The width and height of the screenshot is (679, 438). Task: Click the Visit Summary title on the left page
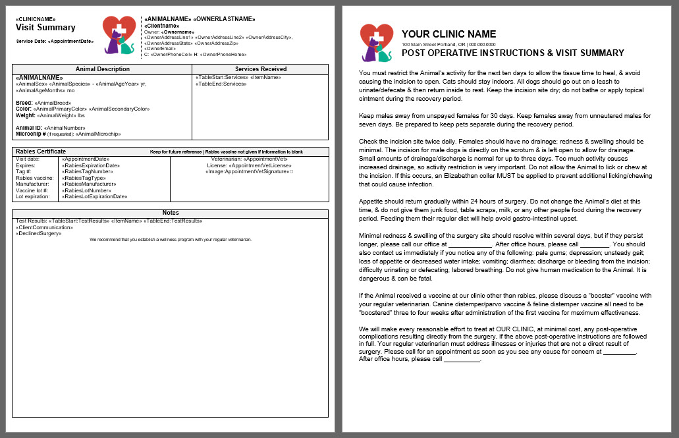coord(45,28)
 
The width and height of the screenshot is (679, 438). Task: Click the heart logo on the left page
coord(119,34)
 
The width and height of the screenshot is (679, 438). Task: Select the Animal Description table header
coord(102,69)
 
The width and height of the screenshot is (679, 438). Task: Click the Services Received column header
coord(260,69)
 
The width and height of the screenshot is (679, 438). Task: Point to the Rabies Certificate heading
coord(40,152)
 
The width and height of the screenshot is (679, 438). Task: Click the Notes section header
coord(170,213)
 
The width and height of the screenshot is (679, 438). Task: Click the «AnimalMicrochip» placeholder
coord(99,134)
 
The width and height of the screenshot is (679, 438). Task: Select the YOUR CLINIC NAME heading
coord(448,34)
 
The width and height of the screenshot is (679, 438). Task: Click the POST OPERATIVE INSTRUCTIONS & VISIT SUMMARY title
coord(512,53)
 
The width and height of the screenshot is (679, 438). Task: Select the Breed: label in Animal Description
coord(24,103)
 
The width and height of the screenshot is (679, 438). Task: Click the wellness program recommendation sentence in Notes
coord(170,239)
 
